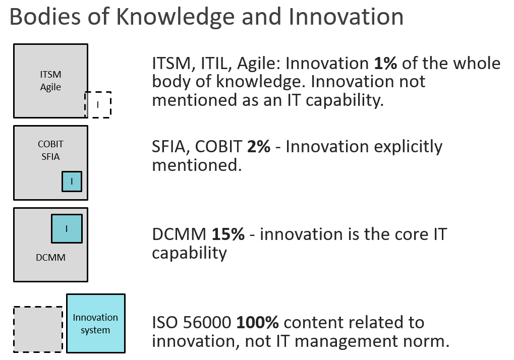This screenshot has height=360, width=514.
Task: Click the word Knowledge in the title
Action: [176, 17]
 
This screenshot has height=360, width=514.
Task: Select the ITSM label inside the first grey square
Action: [50, 74]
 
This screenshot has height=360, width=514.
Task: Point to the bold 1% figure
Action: [385, 63]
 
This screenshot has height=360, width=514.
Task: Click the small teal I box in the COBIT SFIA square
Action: [72, 182]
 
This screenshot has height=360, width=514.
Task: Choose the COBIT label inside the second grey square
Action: [50, 144]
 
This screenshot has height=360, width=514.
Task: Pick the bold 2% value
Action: [259, 146]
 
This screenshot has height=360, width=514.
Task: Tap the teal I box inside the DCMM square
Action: [67, 228]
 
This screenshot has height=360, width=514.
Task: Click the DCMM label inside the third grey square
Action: [50, 258]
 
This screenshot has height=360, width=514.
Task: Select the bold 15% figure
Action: [228, 234]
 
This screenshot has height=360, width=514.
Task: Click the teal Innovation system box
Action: [96, 323]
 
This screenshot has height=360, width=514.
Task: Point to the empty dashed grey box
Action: [38, 330]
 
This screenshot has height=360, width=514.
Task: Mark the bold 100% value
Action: [257, 322]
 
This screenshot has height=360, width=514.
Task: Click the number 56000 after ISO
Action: [207, 322]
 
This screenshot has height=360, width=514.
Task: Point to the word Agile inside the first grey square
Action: [50, 87]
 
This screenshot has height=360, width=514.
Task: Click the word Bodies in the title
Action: [45, 17]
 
